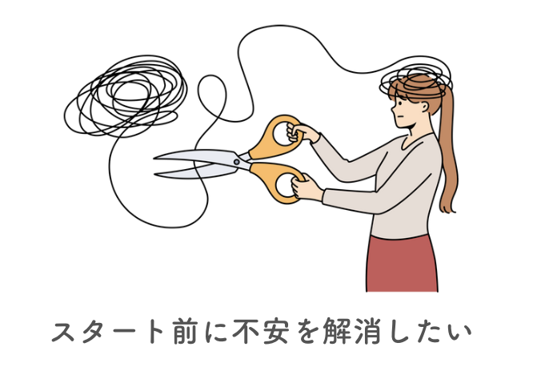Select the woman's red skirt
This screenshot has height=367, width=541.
(x=401, y=264)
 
